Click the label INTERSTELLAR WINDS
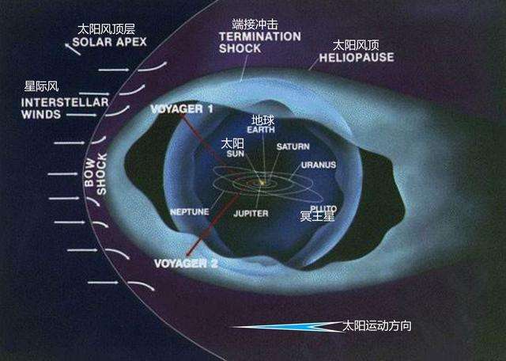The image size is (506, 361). click(x=50, y=107)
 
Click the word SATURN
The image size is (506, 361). click(x=293, y=147)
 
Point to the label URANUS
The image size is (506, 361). click(x=318, y=165)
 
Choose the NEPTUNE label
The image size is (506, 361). click(x=190, y=212)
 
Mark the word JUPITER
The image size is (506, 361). click(x=251, y=213)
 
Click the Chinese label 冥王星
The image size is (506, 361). click(x=317, y=216)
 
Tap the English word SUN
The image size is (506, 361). click(x=234, y=156)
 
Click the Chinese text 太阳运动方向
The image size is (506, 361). click(x=376, y=325)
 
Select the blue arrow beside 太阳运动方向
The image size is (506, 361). click(x=285, y=325)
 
